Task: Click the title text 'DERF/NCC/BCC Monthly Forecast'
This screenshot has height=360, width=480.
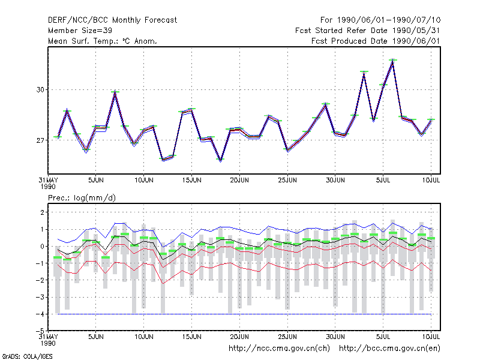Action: (x=112, y=20)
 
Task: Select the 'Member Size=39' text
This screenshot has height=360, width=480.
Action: (x=80, y=31)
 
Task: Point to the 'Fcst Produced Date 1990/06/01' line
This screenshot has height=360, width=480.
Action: (x=376, y=41)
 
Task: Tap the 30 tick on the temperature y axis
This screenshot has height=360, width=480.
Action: (x=40, y=89)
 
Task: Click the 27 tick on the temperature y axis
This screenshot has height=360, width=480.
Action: (x=40, y=140)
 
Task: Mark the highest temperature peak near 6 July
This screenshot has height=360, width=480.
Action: (x=393, y=61)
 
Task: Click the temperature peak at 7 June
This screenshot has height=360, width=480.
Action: (x=115, y=92)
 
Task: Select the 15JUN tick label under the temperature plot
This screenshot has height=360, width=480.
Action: (x=191, y=180)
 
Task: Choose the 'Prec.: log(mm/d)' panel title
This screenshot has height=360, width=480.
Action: (x=82, y=198)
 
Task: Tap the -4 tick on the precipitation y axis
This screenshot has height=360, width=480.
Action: (x=40, y=314)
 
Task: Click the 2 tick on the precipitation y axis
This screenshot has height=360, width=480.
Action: (x=42, y=212)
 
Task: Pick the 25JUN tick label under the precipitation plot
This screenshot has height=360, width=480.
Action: (x=287, y=337)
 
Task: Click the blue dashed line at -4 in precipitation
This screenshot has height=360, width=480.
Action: (x=244, y=314)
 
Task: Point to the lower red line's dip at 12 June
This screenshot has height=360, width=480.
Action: (x=163, y=283)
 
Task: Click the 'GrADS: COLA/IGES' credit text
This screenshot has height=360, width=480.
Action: (x=27, y=356)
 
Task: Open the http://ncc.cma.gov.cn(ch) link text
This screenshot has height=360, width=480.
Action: (x=279, y=349)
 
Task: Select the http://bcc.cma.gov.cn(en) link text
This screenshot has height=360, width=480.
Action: (x=389, y=349)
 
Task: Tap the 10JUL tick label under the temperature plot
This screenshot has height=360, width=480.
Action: (x=431, y=180)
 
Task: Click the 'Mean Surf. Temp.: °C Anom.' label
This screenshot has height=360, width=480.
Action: (x=103, y=41)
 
